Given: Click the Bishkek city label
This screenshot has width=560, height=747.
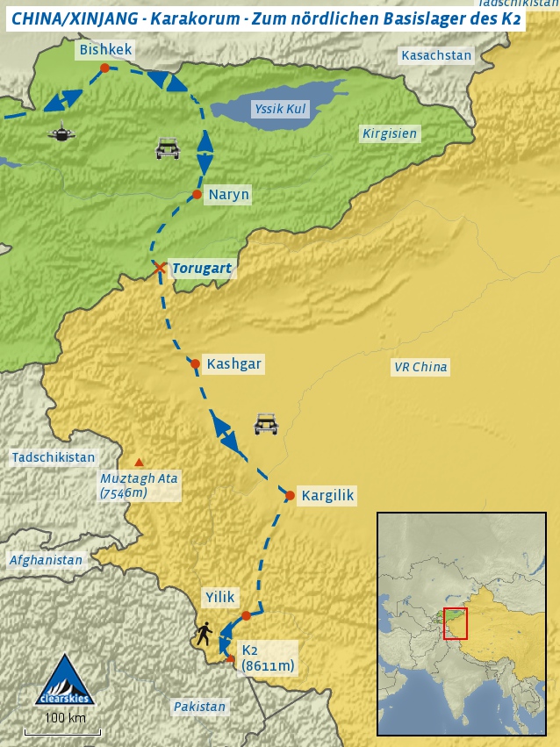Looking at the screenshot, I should [105, 50].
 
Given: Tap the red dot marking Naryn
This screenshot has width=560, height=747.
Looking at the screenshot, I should [197, 194].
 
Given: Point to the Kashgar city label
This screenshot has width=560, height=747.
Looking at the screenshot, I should [233, 363].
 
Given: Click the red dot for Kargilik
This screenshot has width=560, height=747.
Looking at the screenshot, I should [290, 496].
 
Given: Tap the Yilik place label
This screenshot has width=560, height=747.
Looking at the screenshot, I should [219, 597].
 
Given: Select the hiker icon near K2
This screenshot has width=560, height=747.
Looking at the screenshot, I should [205, 634].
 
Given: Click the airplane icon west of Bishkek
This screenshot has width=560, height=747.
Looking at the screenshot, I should [61, 134].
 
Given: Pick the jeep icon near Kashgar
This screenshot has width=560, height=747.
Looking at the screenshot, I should [265, 424].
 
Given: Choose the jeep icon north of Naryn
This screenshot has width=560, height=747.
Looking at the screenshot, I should [168, 148].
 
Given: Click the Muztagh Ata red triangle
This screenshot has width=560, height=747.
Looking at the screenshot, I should [139, 462].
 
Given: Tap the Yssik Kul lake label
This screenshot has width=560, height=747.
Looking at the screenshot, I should [278, 109].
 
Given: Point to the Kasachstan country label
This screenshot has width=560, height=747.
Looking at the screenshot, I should [436, 55].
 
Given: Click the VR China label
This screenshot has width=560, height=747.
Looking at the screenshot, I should [420, 367].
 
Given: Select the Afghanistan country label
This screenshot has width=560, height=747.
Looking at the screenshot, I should [46, 560].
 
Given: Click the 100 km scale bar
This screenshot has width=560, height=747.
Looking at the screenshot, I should [62, 731].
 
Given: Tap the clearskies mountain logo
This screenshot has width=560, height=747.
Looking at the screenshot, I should [62, 679].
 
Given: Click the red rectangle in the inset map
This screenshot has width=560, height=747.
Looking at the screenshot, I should [456, 623].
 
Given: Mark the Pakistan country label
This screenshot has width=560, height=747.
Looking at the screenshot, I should [199, 706].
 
